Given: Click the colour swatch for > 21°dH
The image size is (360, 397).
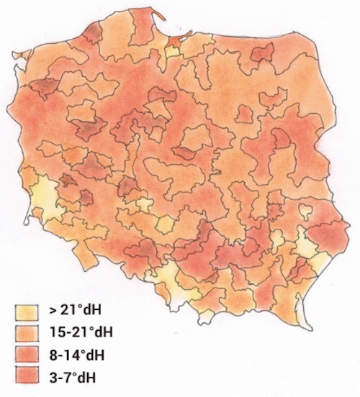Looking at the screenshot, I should click(27, 311).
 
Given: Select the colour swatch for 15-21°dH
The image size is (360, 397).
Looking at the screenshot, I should click(27, 332).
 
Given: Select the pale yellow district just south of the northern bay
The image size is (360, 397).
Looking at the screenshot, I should click(172, 51).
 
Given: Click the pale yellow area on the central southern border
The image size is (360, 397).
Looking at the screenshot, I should click(173, 277).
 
